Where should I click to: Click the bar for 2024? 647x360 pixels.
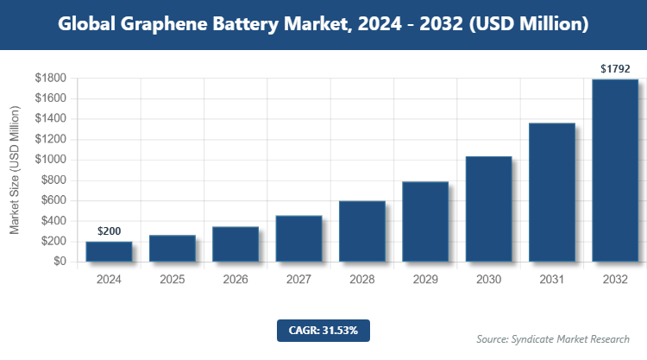click(x=109, y=251)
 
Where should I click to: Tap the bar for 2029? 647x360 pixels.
click(x=425, y=221)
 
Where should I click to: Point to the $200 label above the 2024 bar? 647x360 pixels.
click(x=109, y=231)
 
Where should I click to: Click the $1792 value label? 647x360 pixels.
click(x=615, y=68)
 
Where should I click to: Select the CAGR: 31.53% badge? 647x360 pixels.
click(x=323, y=330)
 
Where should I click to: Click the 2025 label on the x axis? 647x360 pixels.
click(x=172, y=280)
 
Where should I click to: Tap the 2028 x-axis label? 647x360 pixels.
click(x=361, y=280)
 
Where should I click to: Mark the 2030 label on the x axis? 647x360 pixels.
click(x=488, y=280)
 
